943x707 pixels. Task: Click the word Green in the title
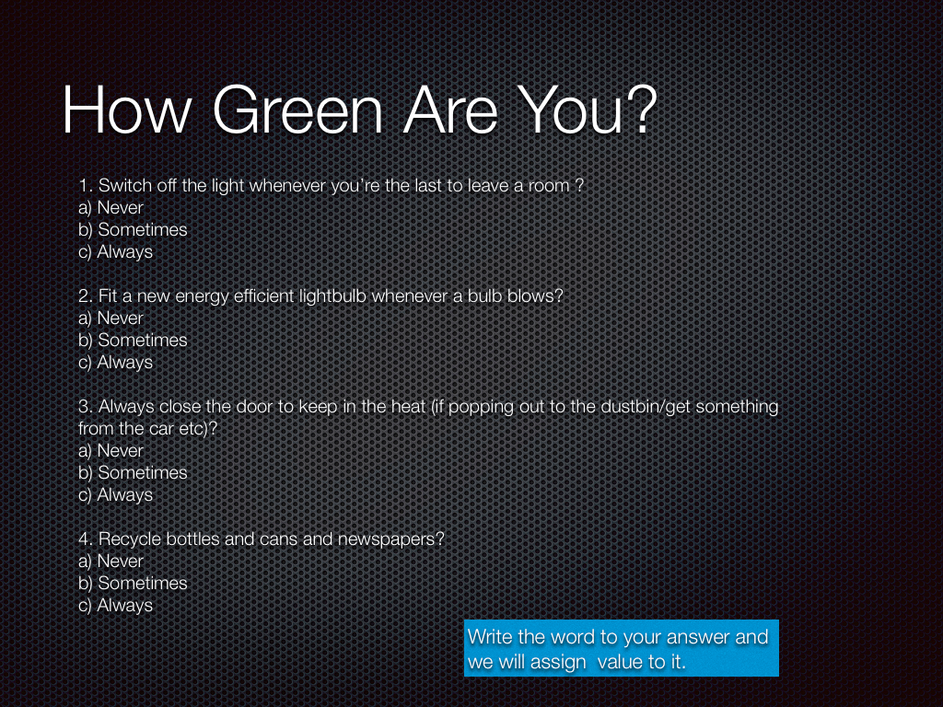point(297,110)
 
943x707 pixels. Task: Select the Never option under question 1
point(111,207)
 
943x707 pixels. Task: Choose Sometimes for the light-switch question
point(133,229)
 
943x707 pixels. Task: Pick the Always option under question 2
point(115,363)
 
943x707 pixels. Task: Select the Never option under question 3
point(111,450)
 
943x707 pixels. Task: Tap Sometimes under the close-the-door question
point(133,472)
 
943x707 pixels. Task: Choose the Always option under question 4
point(115,606)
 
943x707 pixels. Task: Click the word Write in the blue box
point(490,637)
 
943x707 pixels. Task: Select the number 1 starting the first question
point(84,186)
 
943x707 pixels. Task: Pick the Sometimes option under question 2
point(133,341)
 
